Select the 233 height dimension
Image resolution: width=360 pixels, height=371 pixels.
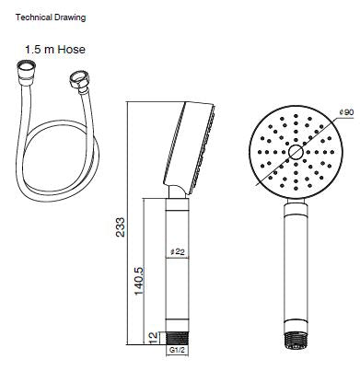pos(120,226)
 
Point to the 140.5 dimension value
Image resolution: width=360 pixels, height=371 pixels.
pos(137,275)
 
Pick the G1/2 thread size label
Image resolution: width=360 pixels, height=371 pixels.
pos(178,352)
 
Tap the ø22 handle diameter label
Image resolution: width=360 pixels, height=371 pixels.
pos(178,250)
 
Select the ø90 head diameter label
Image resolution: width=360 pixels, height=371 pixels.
pos(345,112)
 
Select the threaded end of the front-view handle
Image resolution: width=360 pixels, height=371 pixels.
pos(294,339)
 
